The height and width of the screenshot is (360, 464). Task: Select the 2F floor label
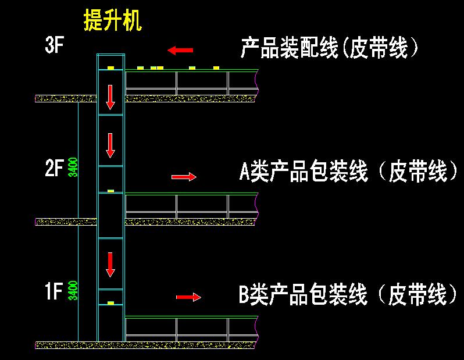53,169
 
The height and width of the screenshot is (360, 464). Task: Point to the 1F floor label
53,291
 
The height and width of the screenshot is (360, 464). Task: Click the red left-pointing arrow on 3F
180,51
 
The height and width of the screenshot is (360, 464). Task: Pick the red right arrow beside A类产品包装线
184,177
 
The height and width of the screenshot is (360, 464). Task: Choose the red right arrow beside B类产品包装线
188,297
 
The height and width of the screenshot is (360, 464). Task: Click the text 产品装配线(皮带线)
330,48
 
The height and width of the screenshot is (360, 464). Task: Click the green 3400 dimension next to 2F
73,167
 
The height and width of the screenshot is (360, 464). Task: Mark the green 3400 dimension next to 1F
73,290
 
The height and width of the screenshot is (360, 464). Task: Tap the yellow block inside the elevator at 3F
110,68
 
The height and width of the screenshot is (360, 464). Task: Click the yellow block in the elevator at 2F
110,191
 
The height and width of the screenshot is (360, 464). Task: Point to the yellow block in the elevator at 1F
110,303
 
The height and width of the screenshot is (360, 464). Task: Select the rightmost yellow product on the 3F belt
216,68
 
